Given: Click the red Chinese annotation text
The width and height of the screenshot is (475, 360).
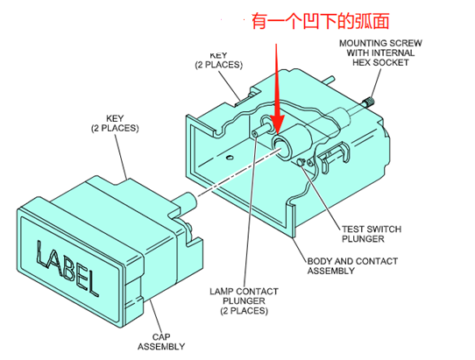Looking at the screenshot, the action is pos(320,21).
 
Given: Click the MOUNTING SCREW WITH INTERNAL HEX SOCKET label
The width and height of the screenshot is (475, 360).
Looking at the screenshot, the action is pos(380,53).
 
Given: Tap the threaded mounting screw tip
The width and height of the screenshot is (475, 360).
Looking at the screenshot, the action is pos(368,101).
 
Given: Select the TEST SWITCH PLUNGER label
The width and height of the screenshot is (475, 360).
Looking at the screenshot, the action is pos(372,234).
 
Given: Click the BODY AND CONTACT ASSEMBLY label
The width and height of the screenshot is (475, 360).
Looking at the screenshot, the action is pos(352,265).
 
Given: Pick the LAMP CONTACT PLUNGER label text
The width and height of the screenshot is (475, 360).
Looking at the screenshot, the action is pos(245,301).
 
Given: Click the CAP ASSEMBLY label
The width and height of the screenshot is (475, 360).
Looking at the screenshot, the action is pos(161,342).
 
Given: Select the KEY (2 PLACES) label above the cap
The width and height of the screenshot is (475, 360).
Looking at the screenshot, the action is pos(115,124).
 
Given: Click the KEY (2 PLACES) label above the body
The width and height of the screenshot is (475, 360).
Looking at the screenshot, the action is pos(219,60).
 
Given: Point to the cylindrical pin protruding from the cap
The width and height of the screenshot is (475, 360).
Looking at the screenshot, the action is pos(188,201).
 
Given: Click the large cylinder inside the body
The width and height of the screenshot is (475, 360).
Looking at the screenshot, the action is pos(292,142).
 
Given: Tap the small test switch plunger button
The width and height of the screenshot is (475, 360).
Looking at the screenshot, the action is pos(301,162).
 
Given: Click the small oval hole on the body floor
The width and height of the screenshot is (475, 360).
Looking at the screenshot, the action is pos(230,157).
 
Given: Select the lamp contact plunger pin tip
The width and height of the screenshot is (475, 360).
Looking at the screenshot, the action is pos(254,133).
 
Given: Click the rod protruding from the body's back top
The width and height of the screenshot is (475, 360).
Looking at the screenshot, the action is pos(329,80).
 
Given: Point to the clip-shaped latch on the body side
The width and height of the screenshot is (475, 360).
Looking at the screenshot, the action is pos(332,157).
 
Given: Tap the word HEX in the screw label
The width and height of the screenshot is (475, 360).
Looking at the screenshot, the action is pos(361,62).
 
